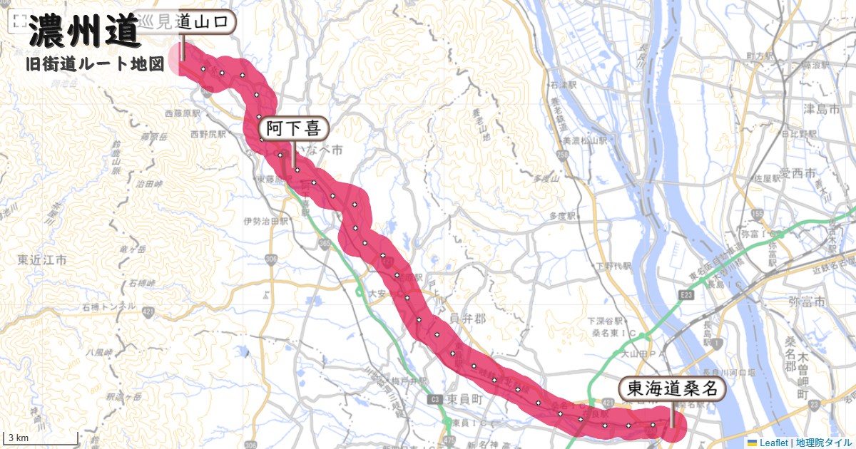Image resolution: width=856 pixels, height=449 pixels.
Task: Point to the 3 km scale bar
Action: (40, 437)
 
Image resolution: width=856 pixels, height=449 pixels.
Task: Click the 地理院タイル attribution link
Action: (823, 443)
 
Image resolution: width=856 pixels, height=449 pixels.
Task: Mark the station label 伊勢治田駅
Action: (265, 222)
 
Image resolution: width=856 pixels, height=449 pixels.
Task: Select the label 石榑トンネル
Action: (108, 306)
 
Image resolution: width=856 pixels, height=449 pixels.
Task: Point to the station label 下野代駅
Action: (614, 267)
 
